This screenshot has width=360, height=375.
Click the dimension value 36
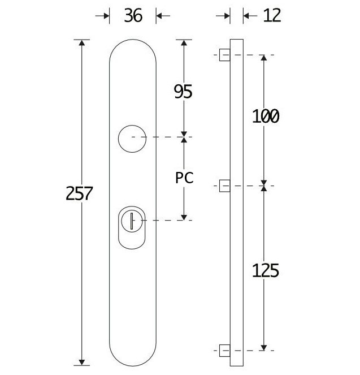click(x=133, y=16)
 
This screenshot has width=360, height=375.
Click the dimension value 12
click(x=272, y=16)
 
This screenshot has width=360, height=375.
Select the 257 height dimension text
click(x=80, y=193)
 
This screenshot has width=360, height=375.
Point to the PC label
click(x=184, y=178)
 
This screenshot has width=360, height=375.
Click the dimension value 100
click(x=265, y=117)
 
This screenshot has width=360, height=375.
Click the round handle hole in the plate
click(x=132, y=137)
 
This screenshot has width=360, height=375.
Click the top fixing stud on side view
click(x=224, y=55)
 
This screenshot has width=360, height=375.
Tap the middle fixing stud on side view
click(x=224, y=186)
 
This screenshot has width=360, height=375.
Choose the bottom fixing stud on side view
click(x=224, y=348)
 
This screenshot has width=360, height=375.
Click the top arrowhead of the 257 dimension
click(x=82, y=44)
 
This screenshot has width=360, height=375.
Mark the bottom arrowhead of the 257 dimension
click(x=82, y=361)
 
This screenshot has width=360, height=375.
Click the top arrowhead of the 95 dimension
click(x=183, y=44)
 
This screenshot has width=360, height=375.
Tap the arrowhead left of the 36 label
click(x=106, y=16)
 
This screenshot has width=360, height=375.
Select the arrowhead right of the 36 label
click(x=159, y=16)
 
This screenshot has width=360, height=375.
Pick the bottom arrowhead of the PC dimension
click(x=183, y=217)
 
